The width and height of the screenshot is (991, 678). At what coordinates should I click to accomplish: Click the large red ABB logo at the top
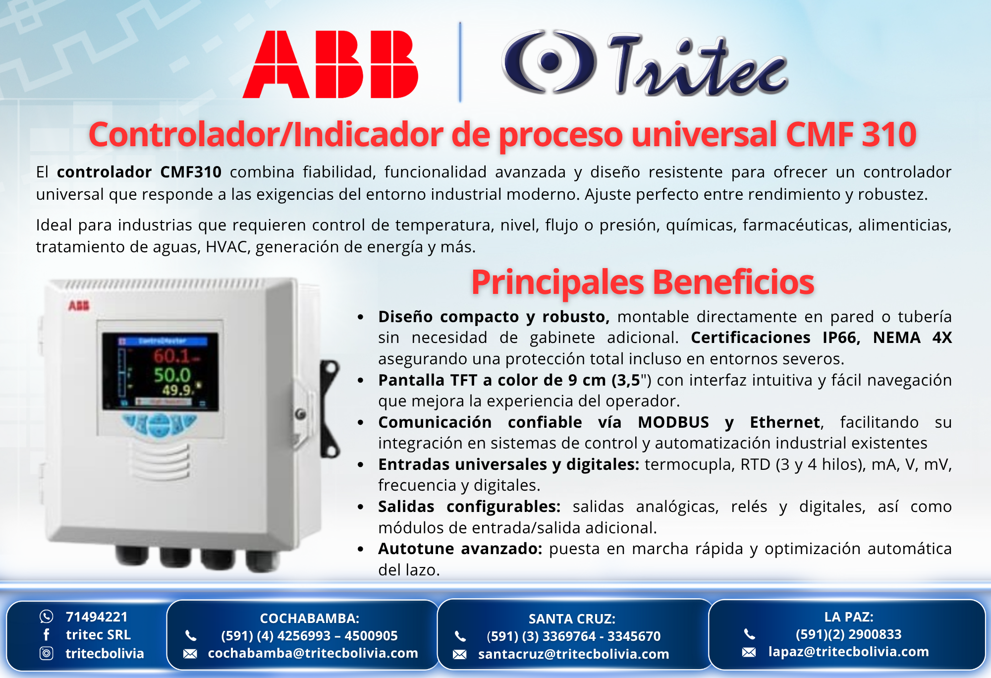point(330,64)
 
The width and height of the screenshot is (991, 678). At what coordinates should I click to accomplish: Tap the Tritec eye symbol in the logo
point(549,61)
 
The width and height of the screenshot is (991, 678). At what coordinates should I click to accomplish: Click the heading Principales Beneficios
point(643,282)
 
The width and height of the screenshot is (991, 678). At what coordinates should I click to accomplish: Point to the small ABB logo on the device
point(79,305)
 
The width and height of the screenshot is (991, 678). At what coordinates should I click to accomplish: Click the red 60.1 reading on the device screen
point(172,356)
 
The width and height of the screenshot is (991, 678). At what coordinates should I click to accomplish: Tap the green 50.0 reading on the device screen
point(172,375)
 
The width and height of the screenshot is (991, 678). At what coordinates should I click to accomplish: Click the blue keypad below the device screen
point(160,424)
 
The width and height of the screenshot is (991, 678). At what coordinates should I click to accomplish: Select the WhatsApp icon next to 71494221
point(46,617)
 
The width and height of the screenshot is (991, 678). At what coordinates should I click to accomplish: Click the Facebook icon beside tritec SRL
point(46,635)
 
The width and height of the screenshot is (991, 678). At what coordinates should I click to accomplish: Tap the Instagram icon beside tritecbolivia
point(46,654)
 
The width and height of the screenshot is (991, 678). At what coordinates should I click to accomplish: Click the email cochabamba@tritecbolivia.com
point(313,653)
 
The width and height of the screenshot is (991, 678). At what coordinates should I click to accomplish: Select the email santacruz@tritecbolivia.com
point(574,654)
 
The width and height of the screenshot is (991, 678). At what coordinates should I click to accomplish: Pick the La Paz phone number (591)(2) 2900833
point(849,634)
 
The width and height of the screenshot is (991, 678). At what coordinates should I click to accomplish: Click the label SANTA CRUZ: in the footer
point(572,619)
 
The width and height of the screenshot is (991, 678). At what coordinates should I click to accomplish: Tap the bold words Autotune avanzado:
point(460,549)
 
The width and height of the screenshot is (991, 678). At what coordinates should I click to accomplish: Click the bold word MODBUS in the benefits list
point(673,422)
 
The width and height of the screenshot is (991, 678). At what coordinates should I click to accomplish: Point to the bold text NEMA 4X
point(912,338)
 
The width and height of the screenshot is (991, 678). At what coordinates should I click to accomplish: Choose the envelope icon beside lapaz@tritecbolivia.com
point(749,652)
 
